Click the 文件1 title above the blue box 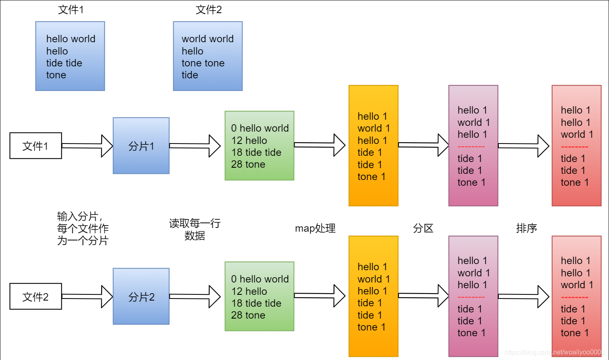coord(71,9)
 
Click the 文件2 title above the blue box coord(209,9)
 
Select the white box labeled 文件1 coord(36,146)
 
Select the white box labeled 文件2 coord(36,296)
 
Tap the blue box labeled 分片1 coord(141,146)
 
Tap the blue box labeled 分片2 coord(141,296)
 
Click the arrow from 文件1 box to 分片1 coord(87,146)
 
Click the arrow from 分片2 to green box coord(195,296)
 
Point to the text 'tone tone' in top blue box coord(203,63)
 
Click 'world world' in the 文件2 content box coord(207,39)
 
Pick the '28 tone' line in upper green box coord(248,164)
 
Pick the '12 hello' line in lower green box coord(249,292)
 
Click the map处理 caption coord(315,228)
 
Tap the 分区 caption coord(423,228)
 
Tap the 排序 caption coord(526,228)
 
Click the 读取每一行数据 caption coord(195,229)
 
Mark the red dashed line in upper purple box coord(471,147)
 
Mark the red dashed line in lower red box coord(574,297)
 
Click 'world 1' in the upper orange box coord(373,128)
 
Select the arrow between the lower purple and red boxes coord(524,296)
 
